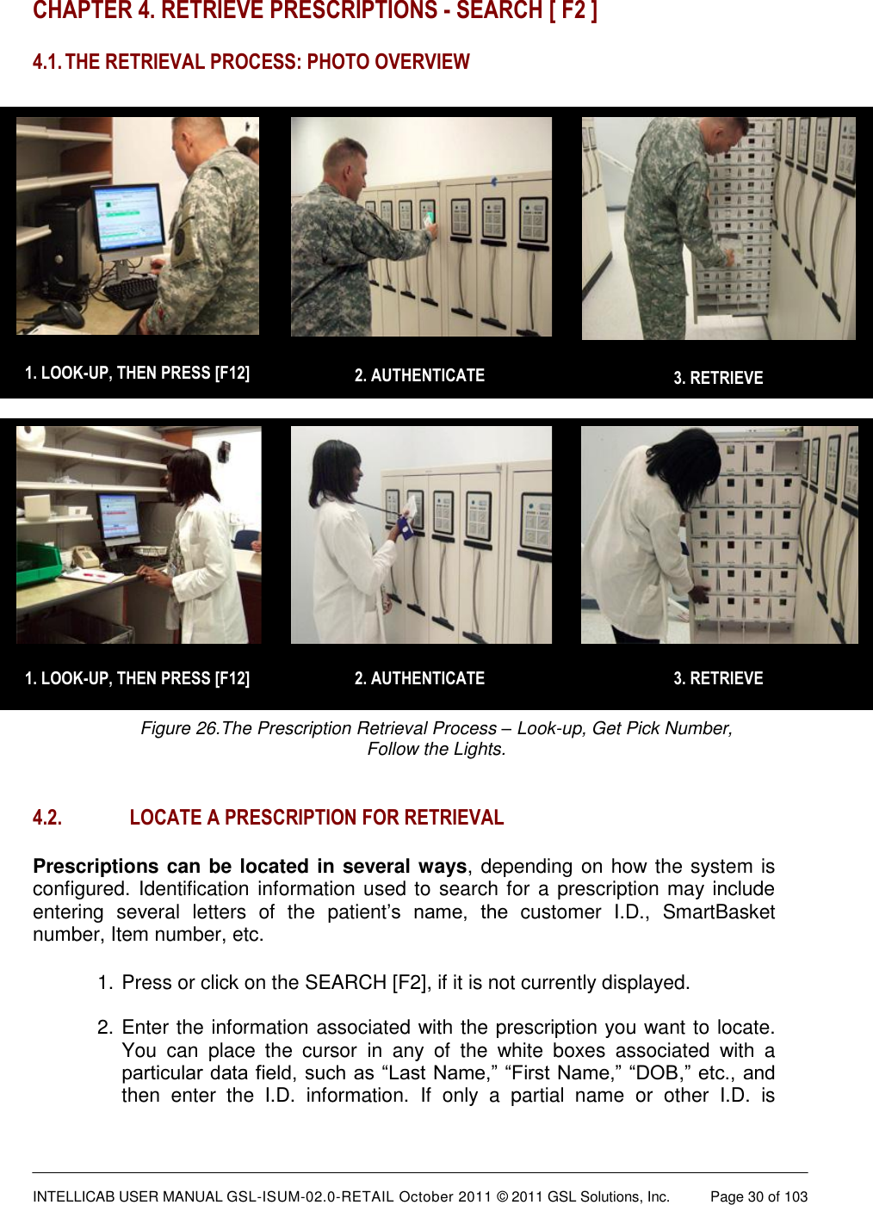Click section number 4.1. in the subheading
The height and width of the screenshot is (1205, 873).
pos(46,62)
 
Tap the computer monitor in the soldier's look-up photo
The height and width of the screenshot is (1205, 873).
pos(130,219)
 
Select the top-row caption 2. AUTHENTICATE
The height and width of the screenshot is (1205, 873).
pos(419,375)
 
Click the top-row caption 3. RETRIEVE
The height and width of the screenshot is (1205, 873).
pos(718,378)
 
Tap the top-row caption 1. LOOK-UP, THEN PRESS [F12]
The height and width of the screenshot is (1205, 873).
pos(137,373)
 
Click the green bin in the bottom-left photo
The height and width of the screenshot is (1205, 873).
pos(38,560)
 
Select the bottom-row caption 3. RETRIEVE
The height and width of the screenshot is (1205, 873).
pos(718,678)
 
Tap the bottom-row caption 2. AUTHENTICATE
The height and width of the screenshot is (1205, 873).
pos(419,678)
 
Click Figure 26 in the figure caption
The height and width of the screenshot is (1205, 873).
pos(179,728)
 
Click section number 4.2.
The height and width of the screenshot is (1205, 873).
pos(47,818)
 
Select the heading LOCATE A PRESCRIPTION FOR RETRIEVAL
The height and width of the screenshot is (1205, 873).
pos(316,818)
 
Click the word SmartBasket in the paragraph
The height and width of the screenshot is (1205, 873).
pos(718,911)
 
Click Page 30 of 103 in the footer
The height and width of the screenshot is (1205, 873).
pos(758,1196)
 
